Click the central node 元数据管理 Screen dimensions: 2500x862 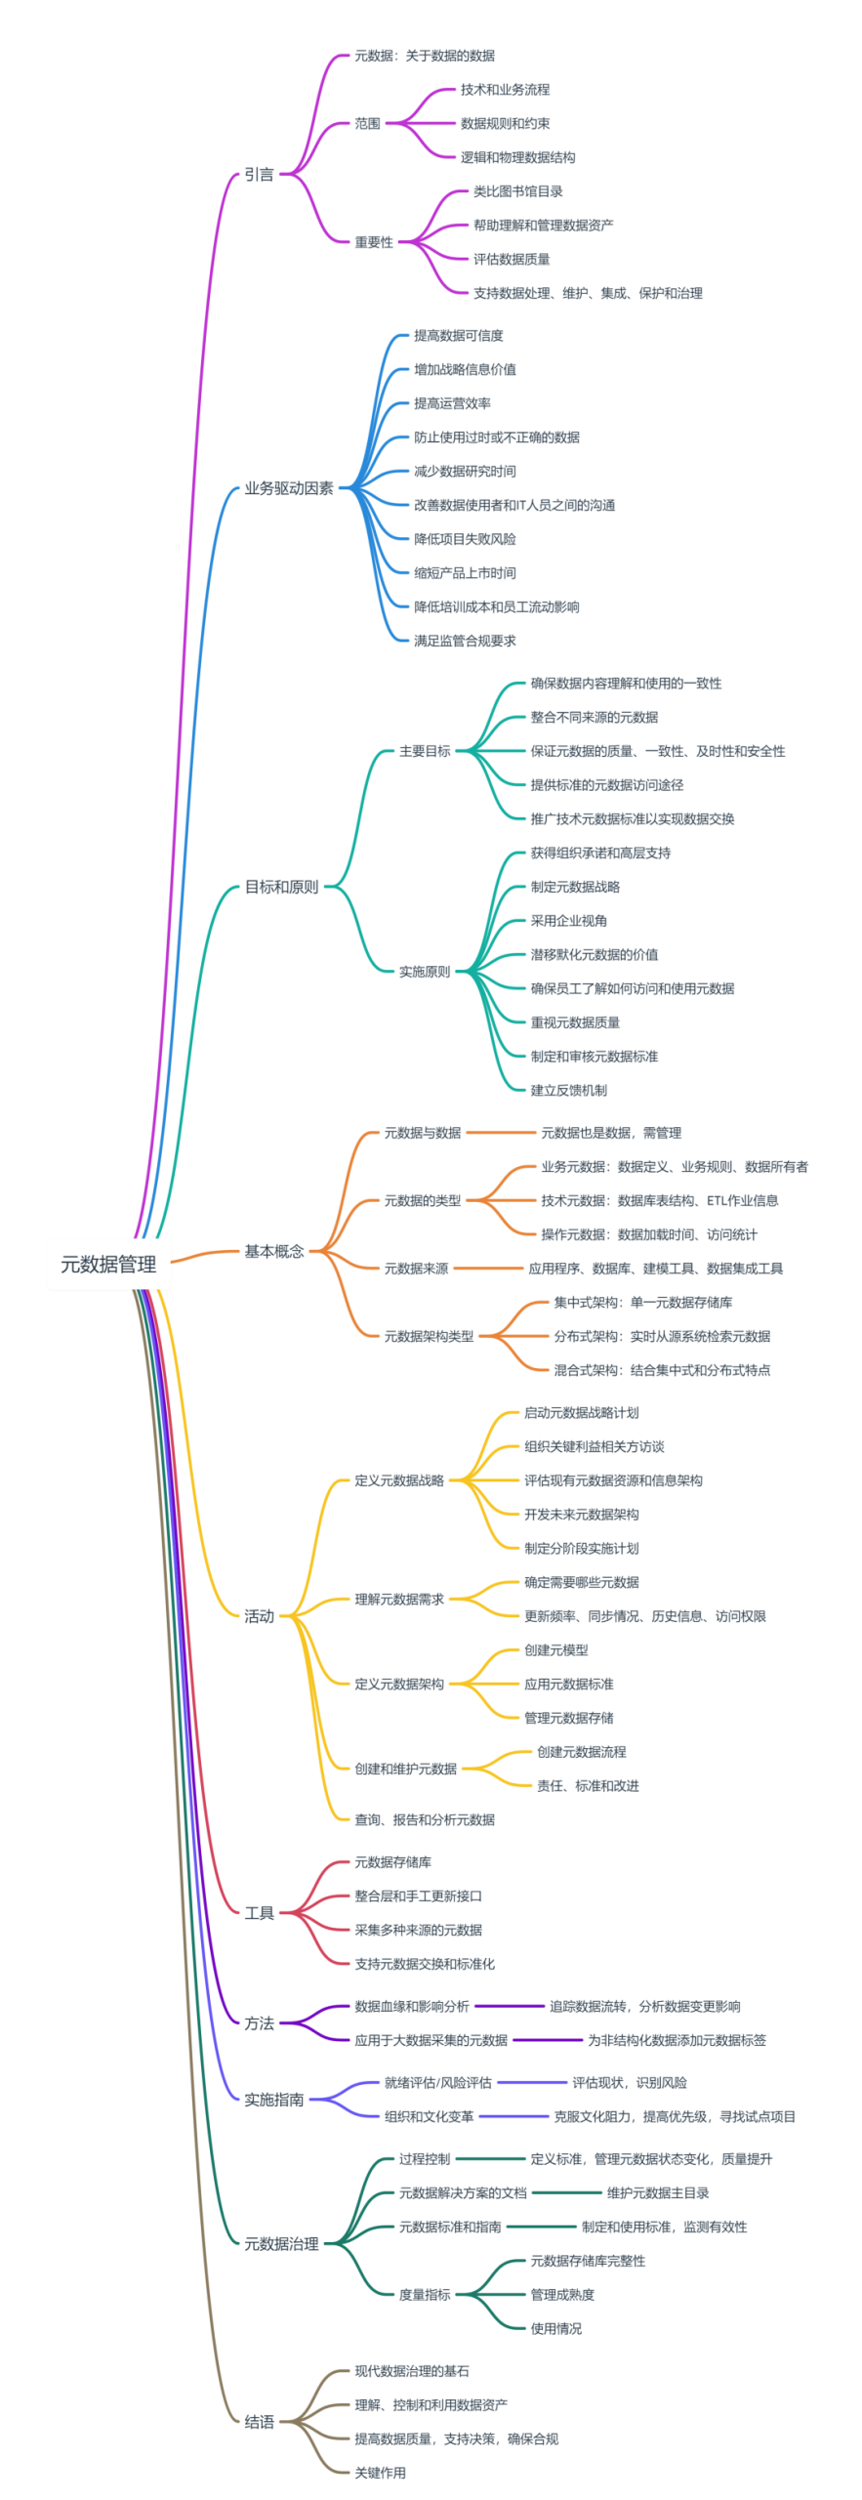pos(108,1264)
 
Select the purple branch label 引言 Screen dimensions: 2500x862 pos(259,175)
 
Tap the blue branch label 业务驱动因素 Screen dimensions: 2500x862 pos(289,488)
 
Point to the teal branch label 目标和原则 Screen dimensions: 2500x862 pos(281,887)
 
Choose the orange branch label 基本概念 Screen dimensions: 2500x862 pos(274,1251)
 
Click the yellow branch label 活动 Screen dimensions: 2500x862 pos(259,1616)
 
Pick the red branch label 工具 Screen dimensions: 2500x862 pos(259,1912)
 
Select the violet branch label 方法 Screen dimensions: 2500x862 pos(259,2023)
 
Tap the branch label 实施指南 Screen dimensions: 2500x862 pos(274,2100)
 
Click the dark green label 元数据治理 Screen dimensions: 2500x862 pos(281,2244)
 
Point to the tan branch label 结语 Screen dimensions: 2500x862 pos(259,2422)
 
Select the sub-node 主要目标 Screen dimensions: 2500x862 pos(425,751)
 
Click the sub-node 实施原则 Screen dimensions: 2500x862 pos(425,972)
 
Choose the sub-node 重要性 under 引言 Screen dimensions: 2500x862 pos(374,242)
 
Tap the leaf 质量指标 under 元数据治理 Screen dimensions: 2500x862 pos(425,2295)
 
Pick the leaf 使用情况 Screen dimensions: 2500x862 pos(555,2329)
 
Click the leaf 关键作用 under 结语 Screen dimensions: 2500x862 pos(380,2473)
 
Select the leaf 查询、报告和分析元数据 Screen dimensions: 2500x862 pos(425,1819)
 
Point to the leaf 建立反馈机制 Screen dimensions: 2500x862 pos(568,1090)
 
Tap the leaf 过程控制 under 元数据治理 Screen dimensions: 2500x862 pos(425,2159)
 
